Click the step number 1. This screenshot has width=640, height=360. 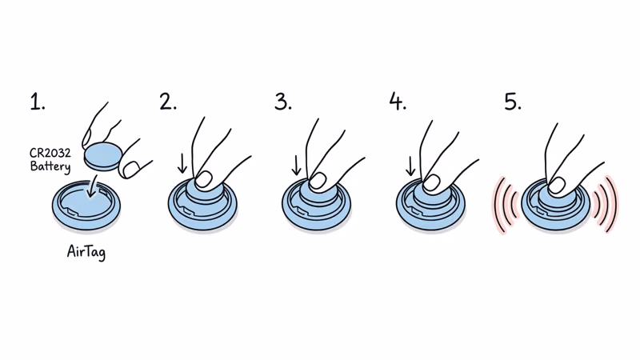click(x=37, y=102)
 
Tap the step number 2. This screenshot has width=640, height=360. click(x=167, y=102)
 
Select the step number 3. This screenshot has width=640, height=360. click(x=282, y=102)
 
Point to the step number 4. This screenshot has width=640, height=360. click(x=398, y=102)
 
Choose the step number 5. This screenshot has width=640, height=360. click(x=513, y=102)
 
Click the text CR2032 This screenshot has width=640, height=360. click(x=50, y=154)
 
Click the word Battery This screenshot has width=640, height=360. click(x=50, y=167)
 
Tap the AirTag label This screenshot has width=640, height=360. click(x=86, y=252)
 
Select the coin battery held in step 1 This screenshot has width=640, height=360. click(x=102, y=154)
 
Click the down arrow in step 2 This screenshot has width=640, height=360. click(x=182, y=164)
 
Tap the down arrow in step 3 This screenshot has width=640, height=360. click(x=297, y=164)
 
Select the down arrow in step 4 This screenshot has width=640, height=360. click(x=411, y=164)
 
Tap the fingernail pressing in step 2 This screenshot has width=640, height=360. click(x=205, y=178)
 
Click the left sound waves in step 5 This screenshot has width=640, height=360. click(x=503, y=206)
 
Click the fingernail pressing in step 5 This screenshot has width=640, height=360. click(x=557, y=185)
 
